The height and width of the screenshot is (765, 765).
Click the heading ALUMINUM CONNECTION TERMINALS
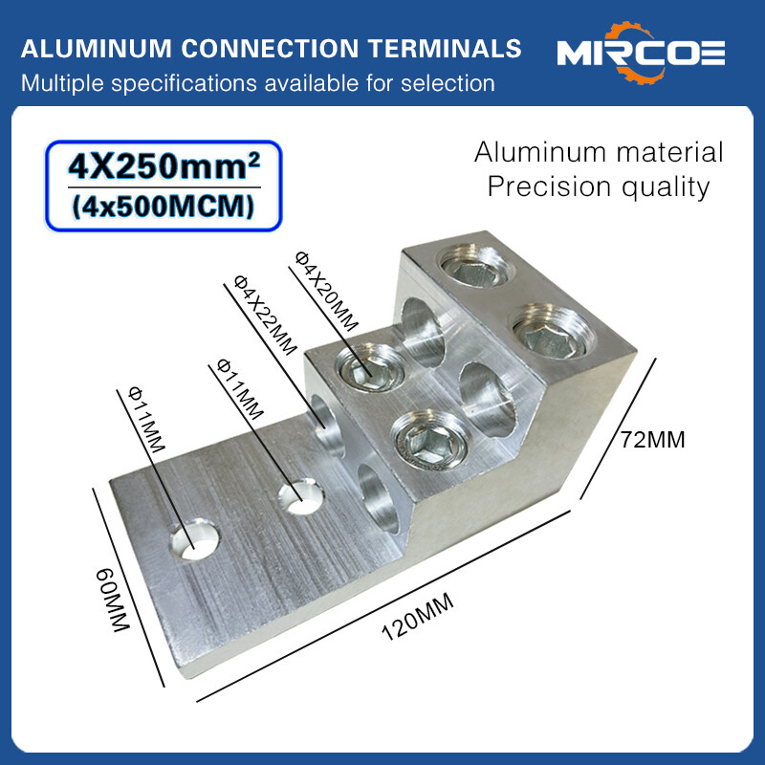click(272, 49)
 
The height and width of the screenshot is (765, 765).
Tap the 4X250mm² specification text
click(164, 169)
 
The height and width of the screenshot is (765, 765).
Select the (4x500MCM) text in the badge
click(164, 206)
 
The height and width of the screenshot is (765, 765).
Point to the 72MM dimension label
click(653, 441)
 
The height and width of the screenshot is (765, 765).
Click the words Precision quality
click(599, 186)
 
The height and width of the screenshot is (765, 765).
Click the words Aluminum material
click(599, 151)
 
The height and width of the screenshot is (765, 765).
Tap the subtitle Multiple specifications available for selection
click(258, 83)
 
